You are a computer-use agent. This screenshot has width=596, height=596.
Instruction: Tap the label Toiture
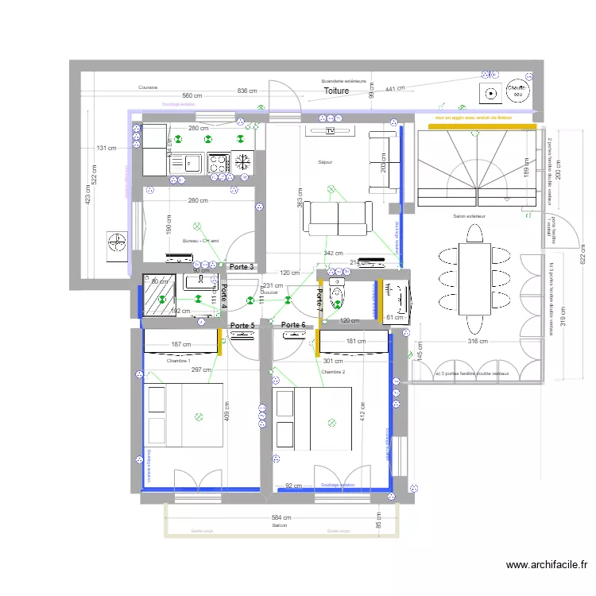(336, 91)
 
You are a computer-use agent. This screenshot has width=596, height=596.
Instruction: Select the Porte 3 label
(241, 267)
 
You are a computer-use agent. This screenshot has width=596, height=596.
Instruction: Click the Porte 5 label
(242, 325)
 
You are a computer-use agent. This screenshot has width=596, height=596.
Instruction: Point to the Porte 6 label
(293, 325)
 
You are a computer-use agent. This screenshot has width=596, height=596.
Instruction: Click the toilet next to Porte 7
(337, 296)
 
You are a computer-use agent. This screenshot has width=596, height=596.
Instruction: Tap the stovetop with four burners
(217, 164)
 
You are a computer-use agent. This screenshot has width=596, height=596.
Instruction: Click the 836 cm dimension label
(247, 91)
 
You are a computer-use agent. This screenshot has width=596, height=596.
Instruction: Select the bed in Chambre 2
(312, 419)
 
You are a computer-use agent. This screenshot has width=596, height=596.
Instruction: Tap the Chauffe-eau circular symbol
(517, 93)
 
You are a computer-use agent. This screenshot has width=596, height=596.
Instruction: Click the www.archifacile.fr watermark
(547, 565)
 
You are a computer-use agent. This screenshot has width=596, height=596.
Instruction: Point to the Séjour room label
(324, 162)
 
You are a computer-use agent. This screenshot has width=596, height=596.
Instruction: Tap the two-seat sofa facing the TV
(339, 217)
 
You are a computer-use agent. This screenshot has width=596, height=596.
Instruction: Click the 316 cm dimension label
(478, 342)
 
